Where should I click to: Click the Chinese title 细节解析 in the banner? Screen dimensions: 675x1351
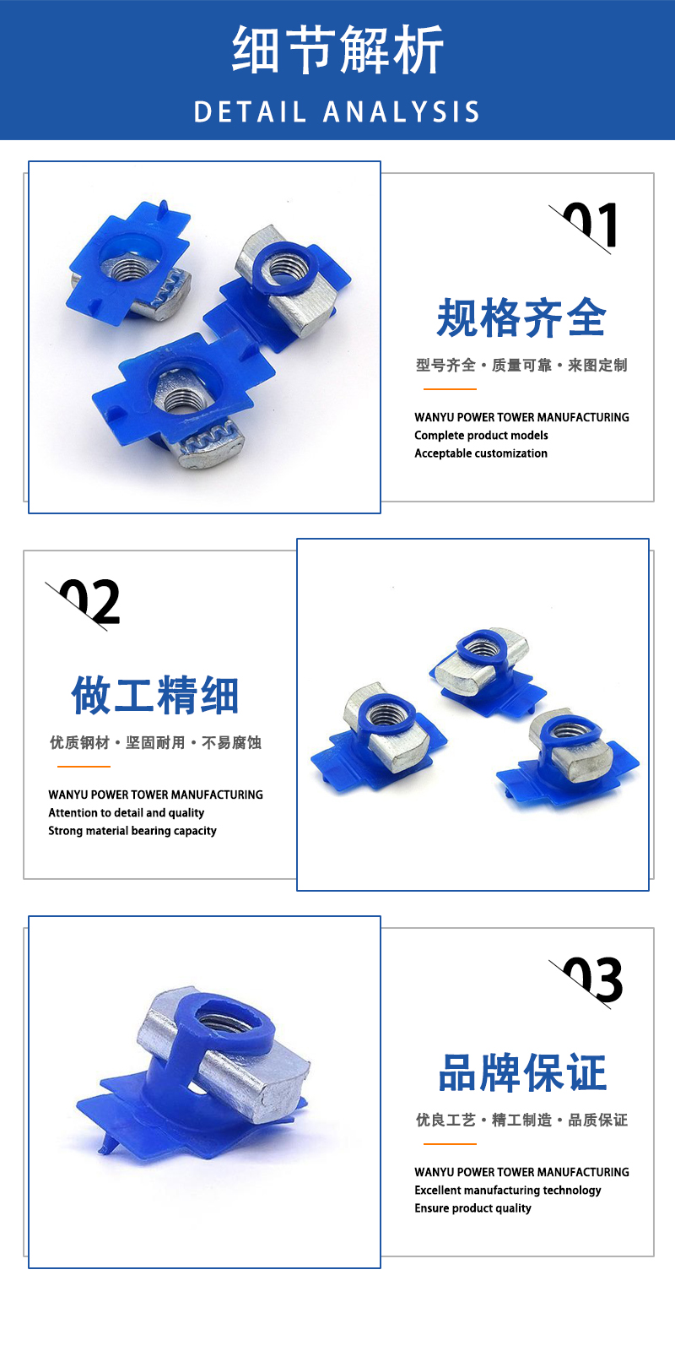(337, 50)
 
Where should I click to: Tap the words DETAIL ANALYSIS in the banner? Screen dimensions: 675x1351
(337, 112)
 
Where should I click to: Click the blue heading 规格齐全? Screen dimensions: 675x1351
(521, 317)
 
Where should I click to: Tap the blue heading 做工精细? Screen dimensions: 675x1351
(155, 696)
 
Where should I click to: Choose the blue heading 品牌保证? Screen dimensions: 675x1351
(522, 1073)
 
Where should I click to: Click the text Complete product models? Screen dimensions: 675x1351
(481, 436)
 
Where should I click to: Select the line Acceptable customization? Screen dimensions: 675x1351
(481, 453)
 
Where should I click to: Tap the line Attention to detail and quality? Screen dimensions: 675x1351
(126, 813)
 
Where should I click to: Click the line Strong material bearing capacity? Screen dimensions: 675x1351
(132, 831)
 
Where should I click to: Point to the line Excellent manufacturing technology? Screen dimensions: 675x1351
(507, 1191)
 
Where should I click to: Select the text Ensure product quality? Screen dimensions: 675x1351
(472, 1208)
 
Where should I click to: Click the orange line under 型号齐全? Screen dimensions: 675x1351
(450, 389)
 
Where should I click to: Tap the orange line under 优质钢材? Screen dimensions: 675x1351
(84, 767)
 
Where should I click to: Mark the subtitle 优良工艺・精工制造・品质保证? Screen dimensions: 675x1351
(521, 1120)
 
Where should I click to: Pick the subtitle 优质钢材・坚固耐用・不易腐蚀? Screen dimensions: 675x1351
(155, 742)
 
